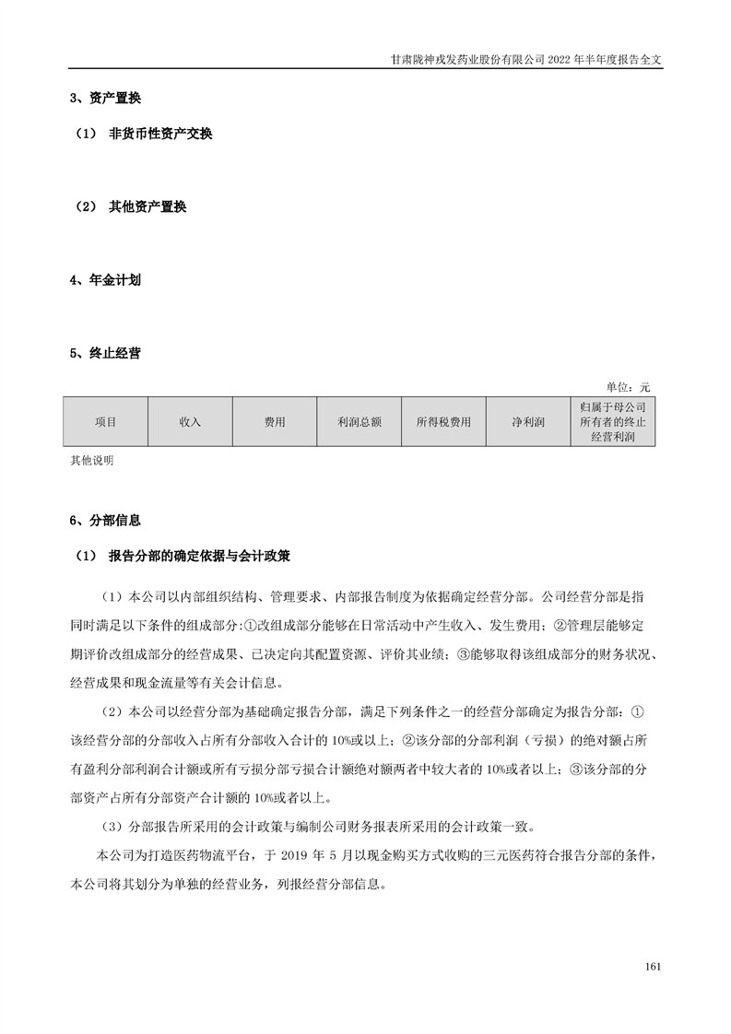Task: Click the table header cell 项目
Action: click(x=105, y=422)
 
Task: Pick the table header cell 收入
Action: click(x=190, y=422)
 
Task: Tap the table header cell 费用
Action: click(x=275, y=422)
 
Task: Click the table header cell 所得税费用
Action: click(x=443, y=422)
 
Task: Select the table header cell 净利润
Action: click(x=528, y=422)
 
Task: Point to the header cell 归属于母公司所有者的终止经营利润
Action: click(x=613, y=422)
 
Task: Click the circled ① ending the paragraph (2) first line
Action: click(x=648, y=712)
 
